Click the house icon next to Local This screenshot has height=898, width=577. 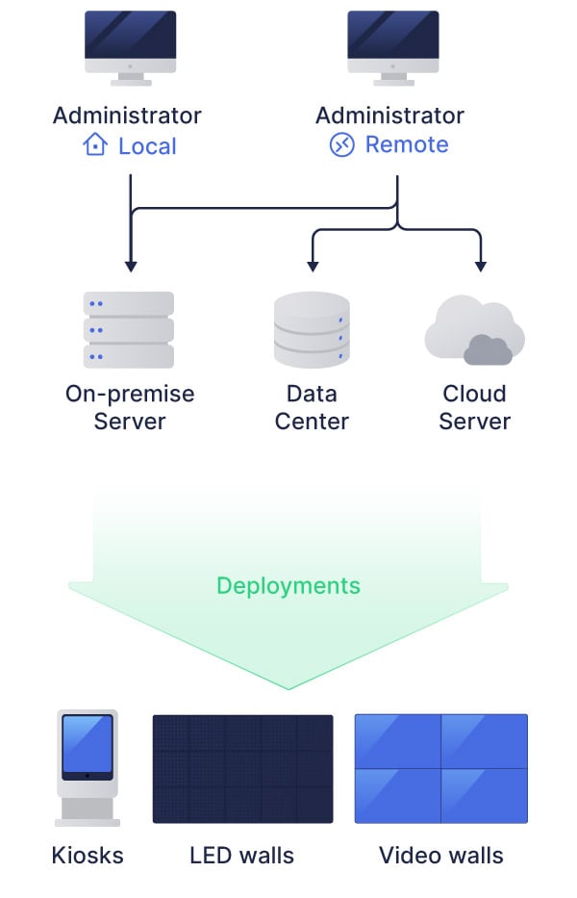pyautogui.click(x=95, y=145)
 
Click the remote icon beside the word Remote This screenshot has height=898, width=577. pyautogui.click(x=341, y=145)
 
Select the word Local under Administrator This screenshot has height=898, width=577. pyautogui.click(x=147, y=146)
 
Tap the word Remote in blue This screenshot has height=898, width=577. pyautogui.click(x=406, y=145)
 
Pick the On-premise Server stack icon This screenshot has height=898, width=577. pyautogui.click(x=129, y=330)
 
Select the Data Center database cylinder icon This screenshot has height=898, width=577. pyautogui.click(x=312, y=330)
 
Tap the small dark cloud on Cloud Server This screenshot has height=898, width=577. pyautogui.click(x=488, y=350)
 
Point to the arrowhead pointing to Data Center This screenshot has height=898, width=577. pyautogui.click(x=311, y=265)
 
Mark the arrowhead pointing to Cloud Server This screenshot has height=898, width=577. pyautogui.click(x=481, y=265)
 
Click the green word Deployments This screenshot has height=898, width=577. pyautogui.click(x=288, y=585)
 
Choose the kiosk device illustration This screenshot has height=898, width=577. pyautogui.click(x=88, y=767)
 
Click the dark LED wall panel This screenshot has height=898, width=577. pyautogui.click(x=242, y=768)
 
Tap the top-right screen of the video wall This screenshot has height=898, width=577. pyautogui.click(x=485, y=741)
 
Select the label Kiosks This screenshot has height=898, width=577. pyautogui.click(x=88, y=855)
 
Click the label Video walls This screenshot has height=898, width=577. pyautogui.click(x=440, y=855)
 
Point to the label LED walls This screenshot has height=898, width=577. pyautogui.click(x=241, y=855)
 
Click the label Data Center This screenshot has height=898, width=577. pyautogui.click(x=312, y=407)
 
